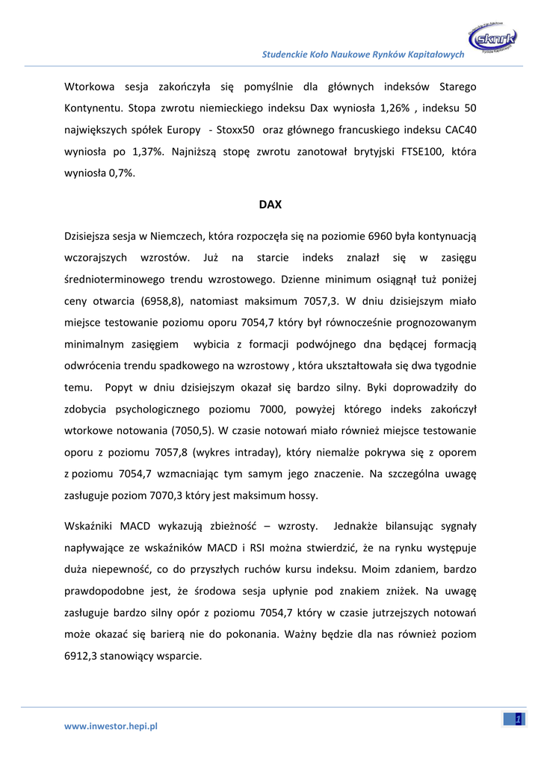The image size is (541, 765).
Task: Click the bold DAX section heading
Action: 270,203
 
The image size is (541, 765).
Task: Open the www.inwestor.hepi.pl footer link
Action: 111,725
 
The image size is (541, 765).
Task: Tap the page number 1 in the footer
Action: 519,719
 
